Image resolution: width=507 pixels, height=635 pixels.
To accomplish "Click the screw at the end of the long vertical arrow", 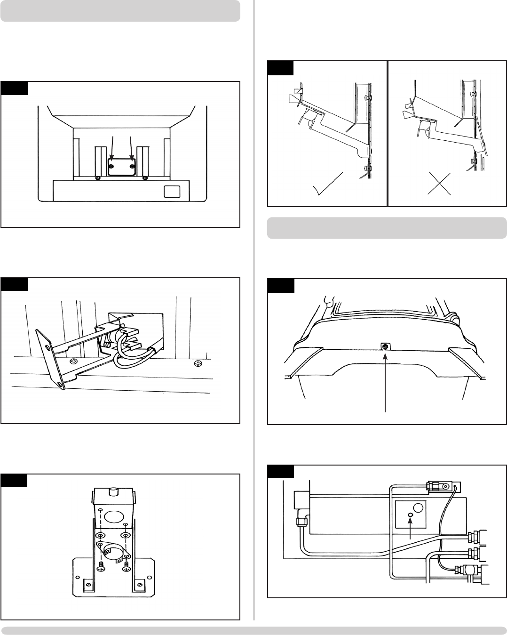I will point(386,346).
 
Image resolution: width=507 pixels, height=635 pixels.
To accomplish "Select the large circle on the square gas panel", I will point(418,508).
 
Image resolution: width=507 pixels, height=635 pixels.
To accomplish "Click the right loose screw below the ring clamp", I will point(126,566).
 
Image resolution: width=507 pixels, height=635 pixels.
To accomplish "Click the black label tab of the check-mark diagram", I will point(280,68).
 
